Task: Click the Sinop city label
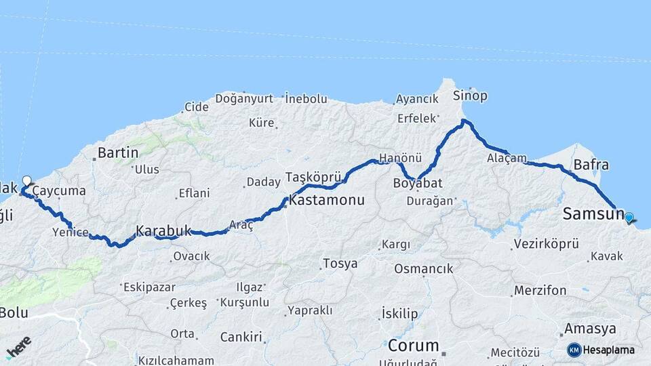pyautogui.click(x=470, y=96)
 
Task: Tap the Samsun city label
pyautogui.click(x=592, y=214)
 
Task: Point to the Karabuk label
pyautogui.click(x=163, y=230)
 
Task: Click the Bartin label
pyautogui.click(x=118, y=152)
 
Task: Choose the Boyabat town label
pyautogui.click(x=418, y=183)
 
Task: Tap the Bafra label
pyautogui.click(x=591, y=165)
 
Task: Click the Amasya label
pyautogui.click(x=590, y=329)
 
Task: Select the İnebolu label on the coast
pyautogui.click(x=306, y=98)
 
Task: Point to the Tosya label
pyautogui.click(x=340, y=264)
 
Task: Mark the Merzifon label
pyautogui.click(x=540, y=290)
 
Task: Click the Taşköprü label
pyautogui.click(x=311, y=177)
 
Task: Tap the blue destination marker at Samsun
pyautogui.click(x=629, y=218)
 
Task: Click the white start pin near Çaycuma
pyautogui.click(x=26, y=181)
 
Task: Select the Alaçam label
pyautogui.click(x=507, y=158)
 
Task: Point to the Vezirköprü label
pyautogui.click(x=546, y=243)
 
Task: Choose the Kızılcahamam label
pyautogui.click(x=176, y=360)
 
